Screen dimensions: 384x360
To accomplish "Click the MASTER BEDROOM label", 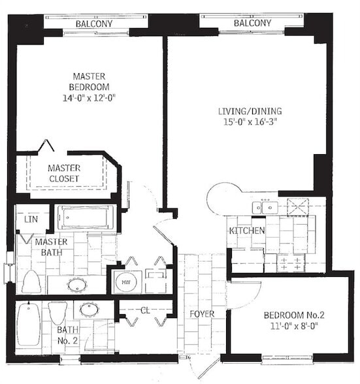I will [90, 81].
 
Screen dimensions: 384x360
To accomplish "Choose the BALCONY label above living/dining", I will [252, 24].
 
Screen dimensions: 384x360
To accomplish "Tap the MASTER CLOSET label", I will [64, 173].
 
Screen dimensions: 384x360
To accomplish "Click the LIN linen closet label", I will [30, 220].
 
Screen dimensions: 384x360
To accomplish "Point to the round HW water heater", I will [125, 282].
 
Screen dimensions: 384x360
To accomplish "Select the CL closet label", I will [145, 310].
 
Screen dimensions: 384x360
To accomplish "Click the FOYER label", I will [203, 314].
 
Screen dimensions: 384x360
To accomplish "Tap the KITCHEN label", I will [246, 231].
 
